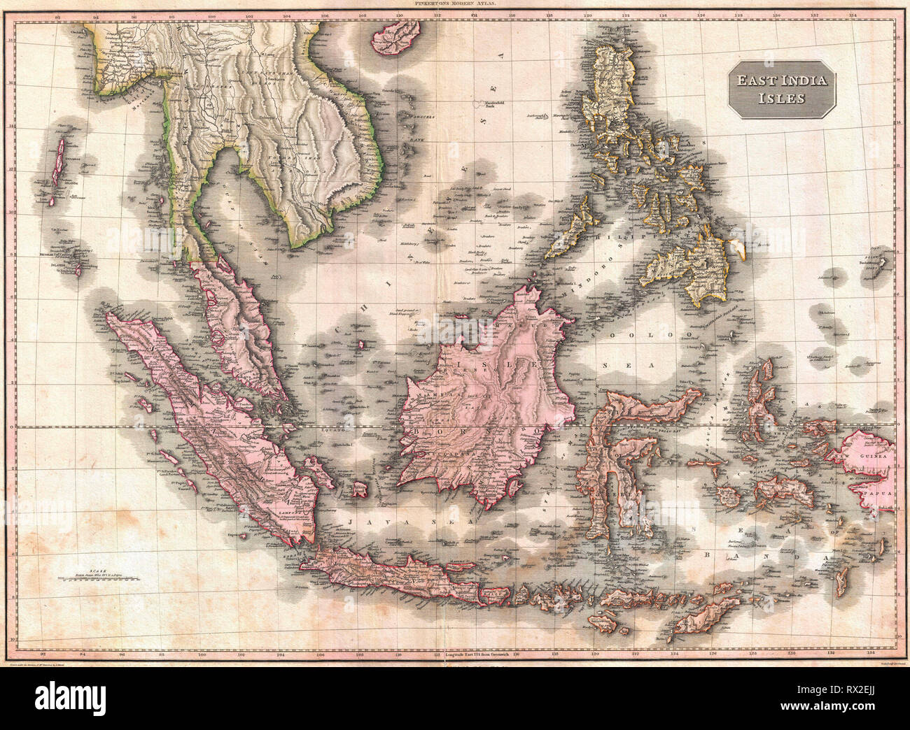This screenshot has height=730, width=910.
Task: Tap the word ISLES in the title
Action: tap(780, 98)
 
